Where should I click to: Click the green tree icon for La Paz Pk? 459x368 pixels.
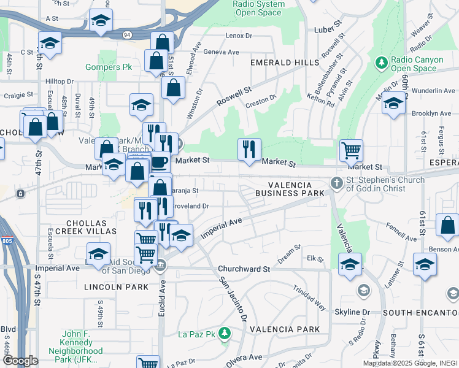coord(225,333)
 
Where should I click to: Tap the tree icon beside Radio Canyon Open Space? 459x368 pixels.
coord(381,63)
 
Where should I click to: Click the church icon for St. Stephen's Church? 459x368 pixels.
coord(336,183)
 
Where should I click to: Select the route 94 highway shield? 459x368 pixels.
coord(126,34)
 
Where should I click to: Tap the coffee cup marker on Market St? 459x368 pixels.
coord(160,162)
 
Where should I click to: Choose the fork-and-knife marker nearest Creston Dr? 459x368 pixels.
coord(249,149)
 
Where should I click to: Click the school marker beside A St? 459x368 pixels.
coord(101,20)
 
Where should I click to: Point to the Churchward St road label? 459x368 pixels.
coord(246,269)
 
